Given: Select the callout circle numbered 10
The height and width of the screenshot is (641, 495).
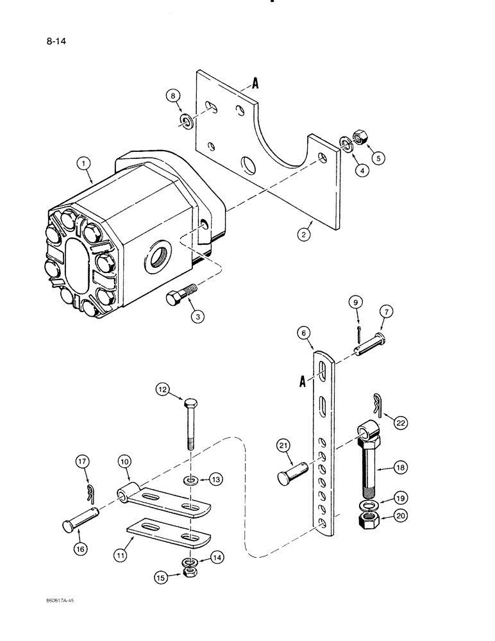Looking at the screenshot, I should (x=123, y=461).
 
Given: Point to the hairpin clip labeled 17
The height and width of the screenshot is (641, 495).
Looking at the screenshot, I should (x=92, y=493).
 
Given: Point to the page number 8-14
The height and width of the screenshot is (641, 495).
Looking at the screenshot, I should (x=56, y=43).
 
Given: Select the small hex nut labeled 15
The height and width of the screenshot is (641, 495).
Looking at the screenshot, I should (x=190, y=570).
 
